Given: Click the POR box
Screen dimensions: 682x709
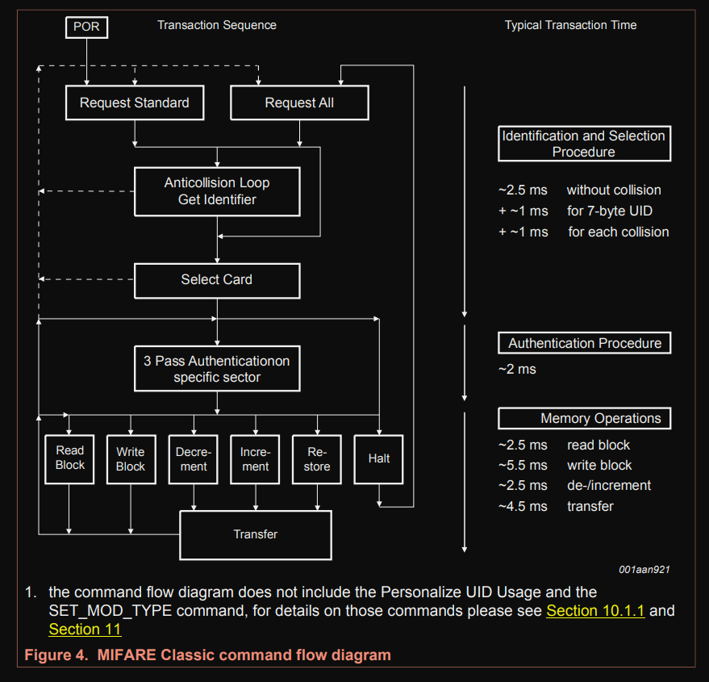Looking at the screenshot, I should [x=86, y=27].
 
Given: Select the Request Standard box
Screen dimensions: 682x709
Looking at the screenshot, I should [x=134, y=103].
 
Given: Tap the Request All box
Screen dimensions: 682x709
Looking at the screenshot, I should [x=299, y=103].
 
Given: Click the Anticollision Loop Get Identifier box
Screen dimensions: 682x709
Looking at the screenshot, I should [x=217, y=191].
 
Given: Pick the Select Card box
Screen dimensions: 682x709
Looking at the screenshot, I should [x=216, y=280].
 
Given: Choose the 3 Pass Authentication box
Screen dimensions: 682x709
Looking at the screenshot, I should [x=216, y=369].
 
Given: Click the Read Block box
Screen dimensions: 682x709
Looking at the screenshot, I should [x=70, y=458].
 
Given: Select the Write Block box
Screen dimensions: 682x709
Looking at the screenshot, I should [x=131, y=458].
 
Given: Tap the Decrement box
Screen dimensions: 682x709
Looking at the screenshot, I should [x=193, y=458].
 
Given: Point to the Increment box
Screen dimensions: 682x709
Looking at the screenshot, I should [x=255, y=458].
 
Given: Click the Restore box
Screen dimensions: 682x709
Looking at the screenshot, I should [x=317, y=458].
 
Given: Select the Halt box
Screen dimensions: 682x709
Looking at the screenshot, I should [x=378, y=458].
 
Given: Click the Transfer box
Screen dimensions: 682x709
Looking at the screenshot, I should [x=255, y=534].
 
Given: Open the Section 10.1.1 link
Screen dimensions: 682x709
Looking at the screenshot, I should [x=595, y=610].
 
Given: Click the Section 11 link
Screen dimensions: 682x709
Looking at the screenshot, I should [x=85, y=629].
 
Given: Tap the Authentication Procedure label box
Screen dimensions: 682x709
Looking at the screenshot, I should [x=584, y=343].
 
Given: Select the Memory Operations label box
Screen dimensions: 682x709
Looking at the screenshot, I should [x=584, y=418].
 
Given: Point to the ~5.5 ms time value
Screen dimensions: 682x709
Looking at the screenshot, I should [x=523, y=466].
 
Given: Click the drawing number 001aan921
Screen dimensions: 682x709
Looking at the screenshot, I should [x=644, y=570].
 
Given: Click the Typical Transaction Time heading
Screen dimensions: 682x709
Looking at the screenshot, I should [x=570, y=25].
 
